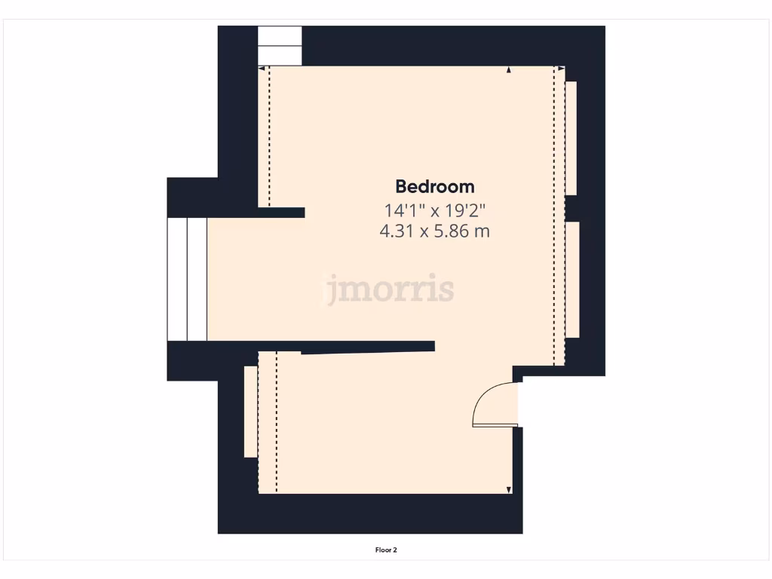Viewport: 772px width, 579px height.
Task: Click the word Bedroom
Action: tap(435, 186)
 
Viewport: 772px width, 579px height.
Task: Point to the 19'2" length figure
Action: tap(469, 210)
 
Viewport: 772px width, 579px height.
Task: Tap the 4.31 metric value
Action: tap(397, 231)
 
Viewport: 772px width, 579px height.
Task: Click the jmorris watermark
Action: tap(390, 289)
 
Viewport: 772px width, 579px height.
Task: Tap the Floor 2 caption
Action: tap(386, 550)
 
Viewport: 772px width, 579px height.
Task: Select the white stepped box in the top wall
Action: tap(280, 46)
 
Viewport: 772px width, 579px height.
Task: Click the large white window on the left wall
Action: tap(186, 279)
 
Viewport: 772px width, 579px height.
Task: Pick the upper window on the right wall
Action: tap(571, 138)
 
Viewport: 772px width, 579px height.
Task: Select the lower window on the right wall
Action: tap(572, 280)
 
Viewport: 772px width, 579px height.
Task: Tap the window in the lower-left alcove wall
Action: tap(250, 412)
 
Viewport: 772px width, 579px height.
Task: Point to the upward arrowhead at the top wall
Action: tap(509, 70)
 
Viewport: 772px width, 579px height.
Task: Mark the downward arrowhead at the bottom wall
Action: tap(509, 490)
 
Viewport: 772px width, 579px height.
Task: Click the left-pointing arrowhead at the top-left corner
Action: tap(262, 69)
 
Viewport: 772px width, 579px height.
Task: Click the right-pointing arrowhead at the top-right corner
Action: tap(561, 69)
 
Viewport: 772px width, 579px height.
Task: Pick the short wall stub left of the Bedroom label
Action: tap(282, 213)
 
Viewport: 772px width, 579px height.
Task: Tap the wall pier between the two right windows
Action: tap(571, 207)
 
